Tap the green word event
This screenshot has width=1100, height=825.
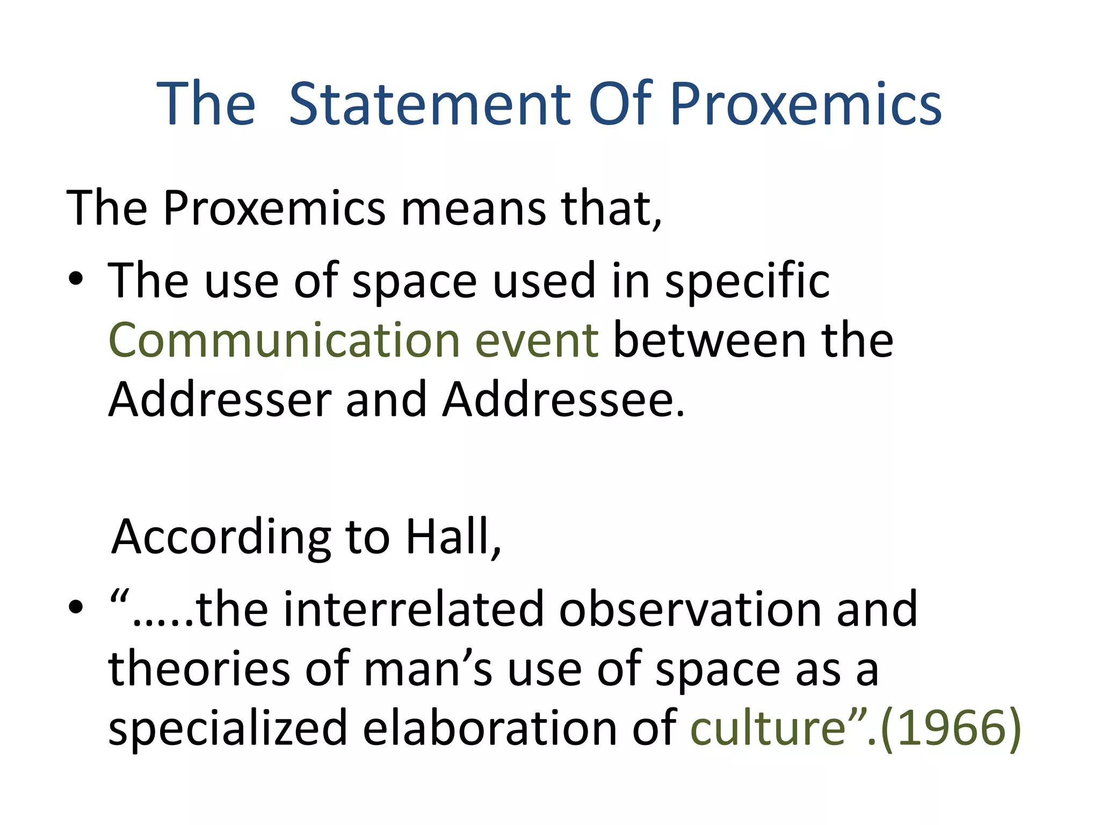(x=537, y=341)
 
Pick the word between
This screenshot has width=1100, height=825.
(x=710, y=341)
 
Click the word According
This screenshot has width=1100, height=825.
(x=221, y=538)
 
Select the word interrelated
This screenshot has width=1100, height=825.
(x=414, y=609)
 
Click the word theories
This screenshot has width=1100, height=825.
(x=199, y=669)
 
